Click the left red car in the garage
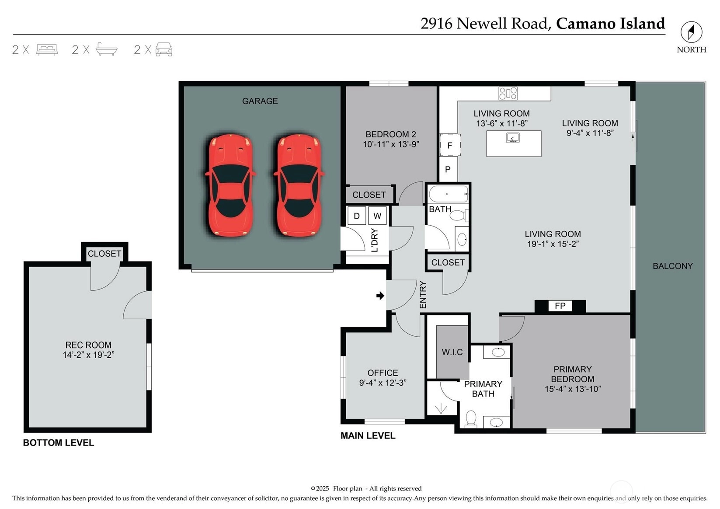tap(230, 185)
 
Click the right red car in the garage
tap(299, 185)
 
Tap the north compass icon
tap(692, 32)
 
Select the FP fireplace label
tap(560, 306)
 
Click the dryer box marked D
tap(356, 216)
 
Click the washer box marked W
tap(377, 216)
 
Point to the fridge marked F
tap(450, 145)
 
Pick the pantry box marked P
tap(448, 169)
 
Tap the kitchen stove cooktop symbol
tap(508, 93)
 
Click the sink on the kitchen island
tap(513, 138)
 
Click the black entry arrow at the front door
tap(380, 296)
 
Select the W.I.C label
tap(452, 352)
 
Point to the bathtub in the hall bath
tap(449, 194)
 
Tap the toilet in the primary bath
tap(471, 418)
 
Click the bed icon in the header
tap(47, 49)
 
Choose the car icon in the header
tap(164, 49)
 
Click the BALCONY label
tap(672, 266)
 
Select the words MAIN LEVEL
tap(368, 436)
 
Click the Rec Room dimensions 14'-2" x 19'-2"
tap(89, 355)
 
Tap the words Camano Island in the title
tap(610, 24)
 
